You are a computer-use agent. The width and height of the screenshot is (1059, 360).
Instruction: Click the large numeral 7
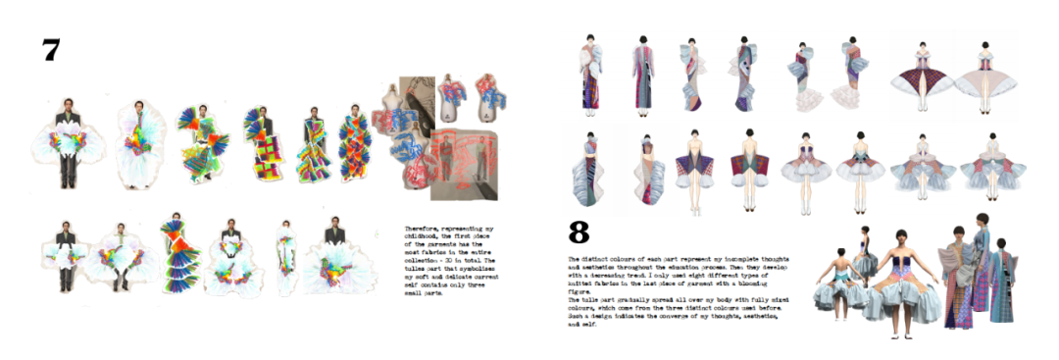pyautogui.click(x=51, y=50)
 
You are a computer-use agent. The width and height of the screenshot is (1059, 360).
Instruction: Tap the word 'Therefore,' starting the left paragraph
pyautogui.click(x=422, y=228)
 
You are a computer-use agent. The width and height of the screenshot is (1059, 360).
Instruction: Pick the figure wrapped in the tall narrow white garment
pyautogui.click(x=286, y=257)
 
